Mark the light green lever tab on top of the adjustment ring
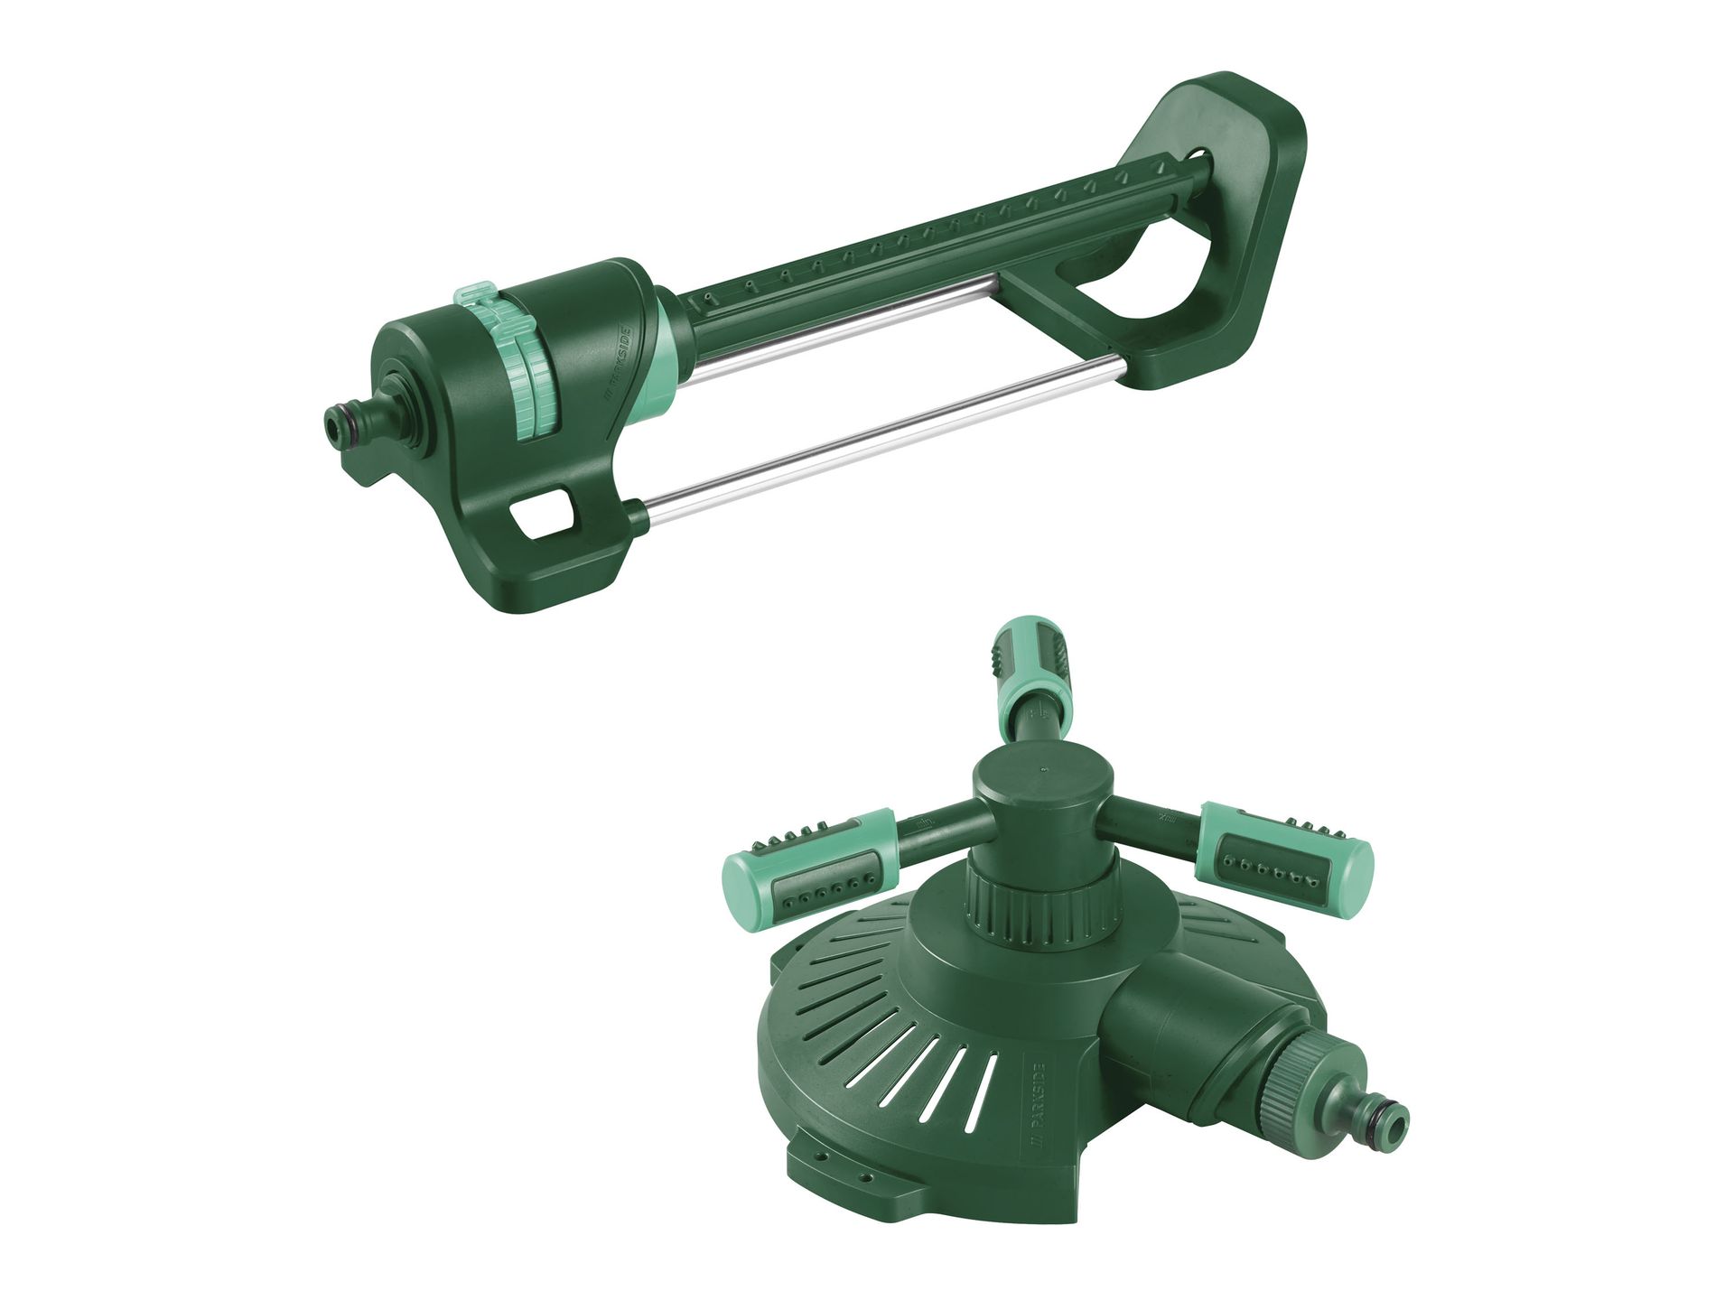(x=479, y=297)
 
